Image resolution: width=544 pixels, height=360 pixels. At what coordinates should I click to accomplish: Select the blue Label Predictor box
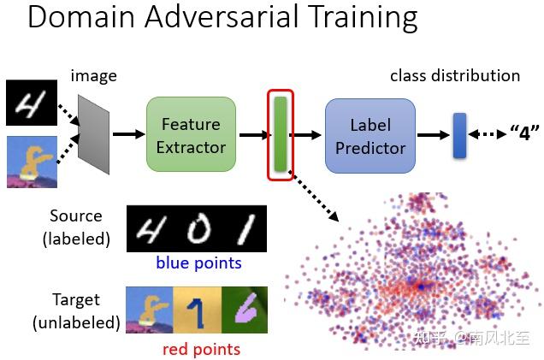pos(370,135)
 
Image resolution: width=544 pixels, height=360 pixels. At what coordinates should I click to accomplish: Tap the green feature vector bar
pos(280,134)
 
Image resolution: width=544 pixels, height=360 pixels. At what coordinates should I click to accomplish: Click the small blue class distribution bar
pos(459,135)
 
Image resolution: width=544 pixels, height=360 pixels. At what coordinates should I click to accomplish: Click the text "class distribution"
pos(454,76)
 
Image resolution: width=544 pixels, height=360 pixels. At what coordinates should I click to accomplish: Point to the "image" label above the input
pos(94,76)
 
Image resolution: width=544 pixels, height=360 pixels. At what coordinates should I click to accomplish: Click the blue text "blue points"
pos(198,263)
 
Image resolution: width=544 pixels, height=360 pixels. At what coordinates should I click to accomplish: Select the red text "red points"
pos(201,348)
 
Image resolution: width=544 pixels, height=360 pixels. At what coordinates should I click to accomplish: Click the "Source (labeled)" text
pos(76,227)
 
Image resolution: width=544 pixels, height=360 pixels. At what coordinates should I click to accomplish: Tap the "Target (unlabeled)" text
pos(76,311)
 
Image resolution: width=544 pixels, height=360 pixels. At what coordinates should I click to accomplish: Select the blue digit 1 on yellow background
pos(198,310)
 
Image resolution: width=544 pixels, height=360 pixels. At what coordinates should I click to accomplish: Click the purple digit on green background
pos(245,310)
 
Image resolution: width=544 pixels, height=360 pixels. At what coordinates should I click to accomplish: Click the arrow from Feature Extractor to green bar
pos(253,134)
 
